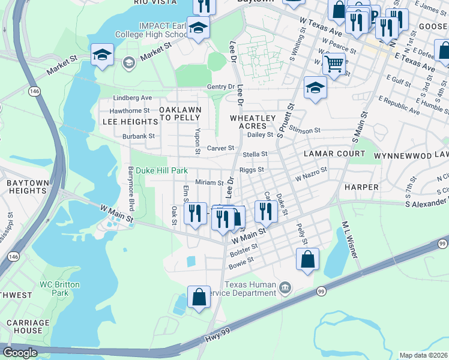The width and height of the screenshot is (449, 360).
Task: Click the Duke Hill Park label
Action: click(x=161, y=170)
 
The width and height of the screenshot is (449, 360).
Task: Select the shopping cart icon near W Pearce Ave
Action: click(x=334, y=63)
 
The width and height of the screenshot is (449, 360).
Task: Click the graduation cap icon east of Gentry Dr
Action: click(x=315, y=88)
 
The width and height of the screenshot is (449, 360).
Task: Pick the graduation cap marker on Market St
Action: click(x=103, y=55)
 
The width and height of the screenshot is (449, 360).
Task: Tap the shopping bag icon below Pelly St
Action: click(x=307, y=259)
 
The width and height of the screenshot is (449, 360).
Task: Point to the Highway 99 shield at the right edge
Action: click(x=442, y=243)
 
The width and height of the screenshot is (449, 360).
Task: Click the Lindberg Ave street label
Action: click(x=133, y=98)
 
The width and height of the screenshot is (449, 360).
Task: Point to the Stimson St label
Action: click(x=305, y=130)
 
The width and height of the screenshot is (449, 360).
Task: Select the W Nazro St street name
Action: click(x=311, y=175)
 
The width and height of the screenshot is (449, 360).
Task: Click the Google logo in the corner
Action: click(x=20, y=353)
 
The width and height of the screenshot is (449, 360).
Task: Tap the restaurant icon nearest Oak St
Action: click(x=195, y=214)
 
